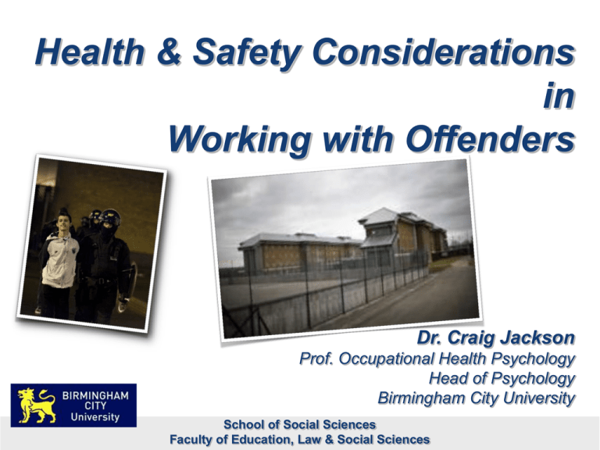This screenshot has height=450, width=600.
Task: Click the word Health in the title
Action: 91,52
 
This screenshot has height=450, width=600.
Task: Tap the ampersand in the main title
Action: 169,52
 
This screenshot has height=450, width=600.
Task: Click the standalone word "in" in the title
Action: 559,95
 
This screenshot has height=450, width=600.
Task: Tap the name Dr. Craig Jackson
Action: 496,337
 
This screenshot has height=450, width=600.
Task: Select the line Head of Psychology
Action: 502,378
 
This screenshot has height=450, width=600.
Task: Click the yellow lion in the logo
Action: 37,405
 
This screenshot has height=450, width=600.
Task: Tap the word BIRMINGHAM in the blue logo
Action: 95,395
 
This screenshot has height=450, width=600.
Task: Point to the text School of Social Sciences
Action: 300,424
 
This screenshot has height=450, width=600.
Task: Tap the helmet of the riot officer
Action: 110,217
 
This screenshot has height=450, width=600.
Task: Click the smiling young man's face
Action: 64,222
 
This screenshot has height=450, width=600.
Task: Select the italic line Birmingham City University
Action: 476,398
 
